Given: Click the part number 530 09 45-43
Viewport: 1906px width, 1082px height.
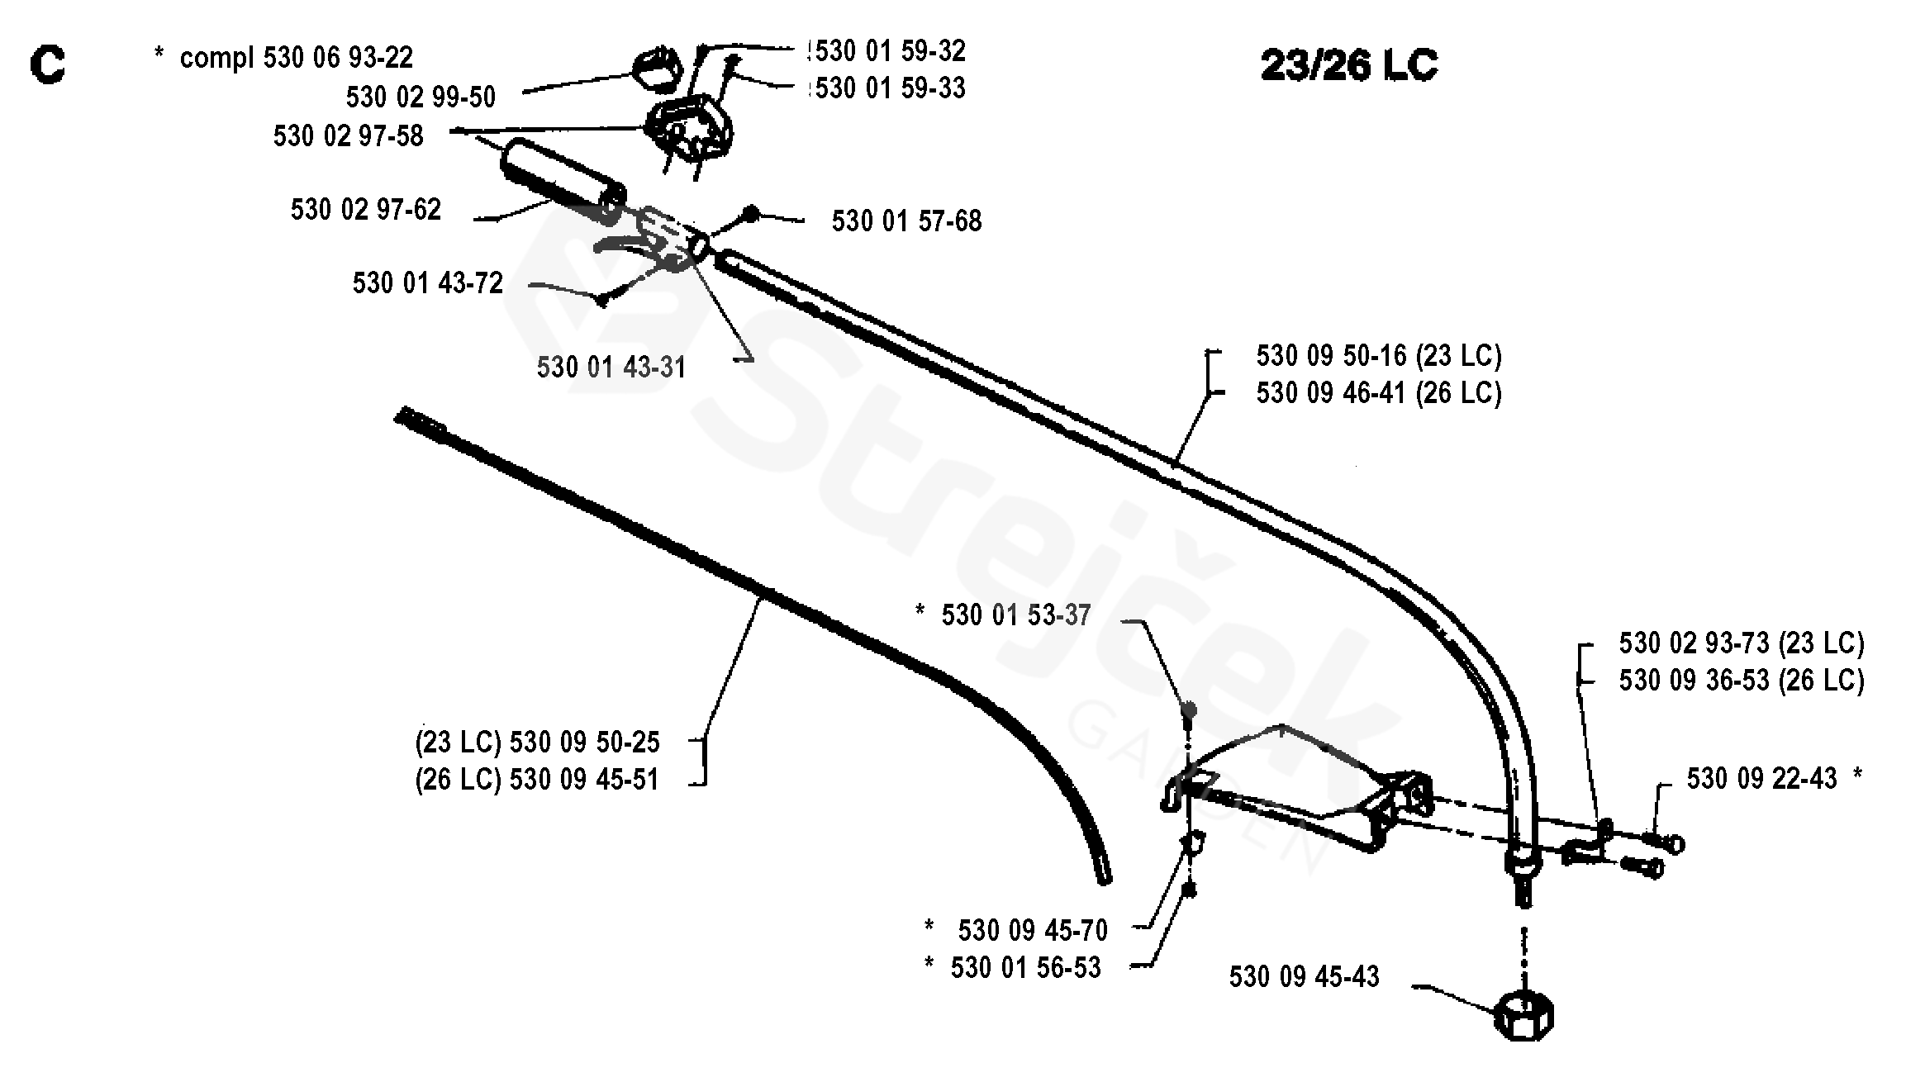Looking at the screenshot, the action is [x=1304, y=977].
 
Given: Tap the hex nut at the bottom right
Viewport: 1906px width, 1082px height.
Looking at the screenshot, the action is [x=1523, y=1015].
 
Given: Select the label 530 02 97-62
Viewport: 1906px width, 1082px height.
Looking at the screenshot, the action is [x=365, y=210].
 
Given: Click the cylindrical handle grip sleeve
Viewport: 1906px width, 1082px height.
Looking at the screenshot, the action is [x=563, y=181].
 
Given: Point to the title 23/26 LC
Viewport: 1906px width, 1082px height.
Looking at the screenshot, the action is [x=1349, y=64].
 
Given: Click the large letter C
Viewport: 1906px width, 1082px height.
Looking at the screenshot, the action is [x=48, y=64].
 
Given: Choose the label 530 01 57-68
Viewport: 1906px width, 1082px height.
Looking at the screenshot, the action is [x=906, y=221].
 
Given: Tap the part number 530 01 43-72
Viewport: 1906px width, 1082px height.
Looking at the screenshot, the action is [x=427, y=283].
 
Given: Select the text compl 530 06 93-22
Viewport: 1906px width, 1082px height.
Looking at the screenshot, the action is [x=297, y=58].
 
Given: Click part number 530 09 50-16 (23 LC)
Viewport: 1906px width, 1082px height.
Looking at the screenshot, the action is [x=1379, y=356].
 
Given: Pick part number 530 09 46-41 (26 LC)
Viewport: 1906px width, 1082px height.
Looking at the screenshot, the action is [x=1379, y=393].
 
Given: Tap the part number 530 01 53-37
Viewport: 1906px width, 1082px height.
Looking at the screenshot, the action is [x=1016, y=615].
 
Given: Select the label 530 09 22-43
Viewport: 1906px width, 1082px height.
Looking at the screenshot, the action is [x=1761, y=779].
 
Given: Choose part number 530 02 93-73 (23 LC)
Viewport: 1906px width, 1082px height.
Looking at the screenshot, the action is [x=1742, y=643].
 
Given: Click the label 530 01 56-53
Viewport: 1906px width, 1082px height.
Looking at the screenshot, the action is [x=1025, y=968].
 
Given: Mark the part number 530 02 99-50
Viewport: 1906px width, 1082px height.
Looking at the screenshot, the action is [x=421, y=97].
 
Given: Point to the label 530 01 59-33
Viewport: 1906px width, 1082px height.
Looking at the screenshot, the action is [x=890, y=88].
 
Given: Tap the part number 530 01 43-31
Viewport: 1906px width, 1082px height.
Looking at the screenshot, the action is [x=611, y=368].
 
